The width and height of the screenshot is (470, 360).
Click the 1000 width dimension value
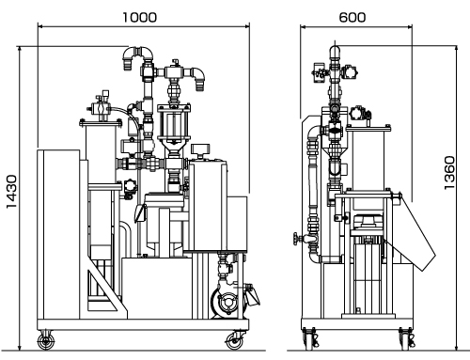pos(139,17)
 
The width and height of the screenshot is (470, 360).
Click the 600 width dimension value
pos(352,17)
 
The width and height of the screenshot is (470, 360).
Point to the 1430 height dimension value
pos(11,192)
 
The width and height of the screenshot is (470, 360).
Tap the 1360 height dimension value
pos(449,173)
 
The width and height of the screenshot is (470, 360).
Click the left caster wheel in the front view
pos(46,341)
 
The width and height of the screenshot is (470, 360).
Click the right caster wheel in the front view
pos(235,341)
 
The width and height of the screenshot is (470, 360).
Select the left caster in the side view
pos(310,339)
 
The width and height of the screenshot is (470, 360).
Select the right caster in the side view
pos(407,339)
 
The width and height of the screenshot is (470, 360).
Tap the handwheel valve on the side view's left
pos(295,240)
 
